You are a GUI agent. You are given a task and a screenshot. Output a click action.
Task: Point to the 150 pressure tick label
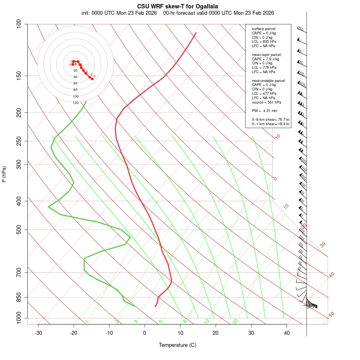point(19,76)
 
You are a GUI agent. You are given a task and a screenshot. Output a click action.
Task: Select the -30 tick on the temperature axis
point(38,333)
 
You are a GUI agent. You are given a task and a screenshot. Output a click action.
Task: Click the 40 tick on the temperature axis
point(286,333)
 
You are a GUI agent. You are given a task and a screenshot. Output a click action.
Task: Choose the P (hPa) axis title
point(4,174)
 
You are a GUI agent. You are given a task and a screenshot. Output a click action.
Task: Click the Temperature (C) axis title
point(177,345)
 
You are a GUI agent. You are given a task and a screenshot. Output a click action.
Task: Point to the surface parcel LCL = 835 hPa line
point(264,42)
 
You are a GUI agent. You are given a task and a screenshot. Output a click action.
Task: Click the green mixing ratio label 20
point(236,321)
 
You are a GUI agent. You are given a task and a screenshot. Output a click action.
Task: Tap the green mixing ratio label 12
point(207,321)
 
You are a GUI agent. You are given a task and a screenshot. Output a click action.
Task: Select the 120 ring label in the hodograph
point(76,103)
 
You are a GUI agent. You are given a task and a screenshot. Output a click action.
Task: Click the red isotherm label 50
point(331,315)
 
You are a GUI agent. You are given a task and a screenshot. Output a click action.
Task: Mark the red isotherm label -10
point(277,137)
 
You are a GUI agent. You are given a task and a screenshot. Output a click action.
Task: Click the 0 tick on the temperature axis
point(145,333)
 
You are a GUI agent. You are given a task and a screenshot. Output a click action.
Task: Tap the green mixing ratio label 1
point(87,321)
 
